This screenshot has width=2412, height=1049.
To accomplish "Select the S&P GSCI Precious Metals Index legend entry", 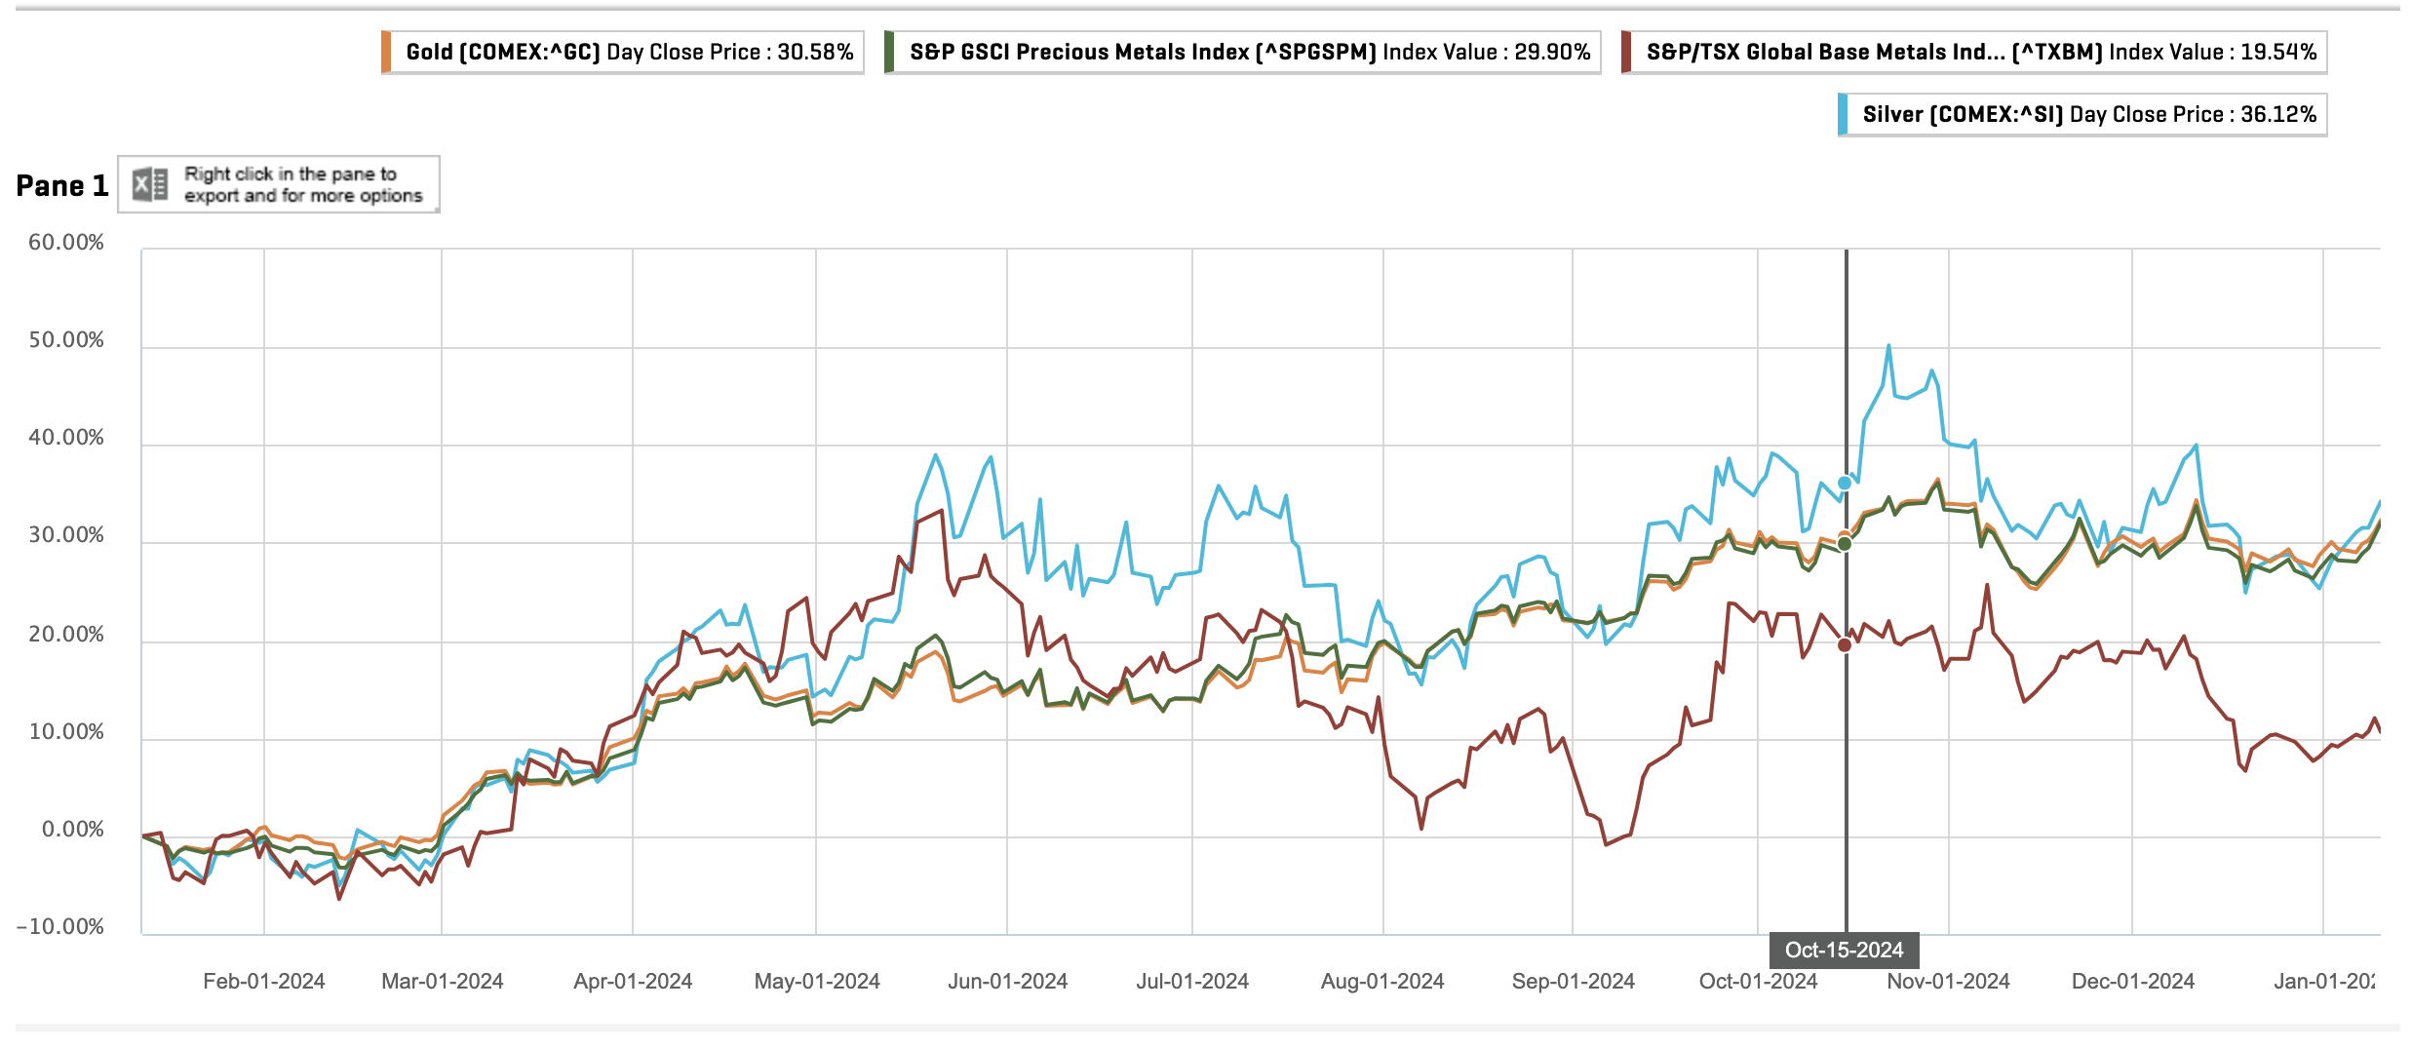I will (x=1243, y=52).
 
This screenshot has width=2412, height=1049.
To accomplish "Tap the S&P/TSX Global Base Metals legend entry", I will (x=1975, y=52).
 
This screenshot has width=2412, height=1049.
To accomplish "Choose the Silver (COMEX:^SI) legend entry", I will (x=2083, y=114).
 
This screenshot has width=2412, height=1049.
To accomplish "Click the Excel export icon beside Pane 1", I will (x=150, y=183).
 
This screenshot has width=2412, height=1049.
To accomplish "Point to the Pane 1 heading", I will (x=61, y=185).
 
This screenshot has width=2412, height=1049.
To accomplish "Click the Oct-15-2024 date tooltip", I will (x=1844, y=950).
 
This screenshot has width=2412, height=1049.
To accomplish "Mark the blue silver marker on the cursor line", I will (x=1845, y=483).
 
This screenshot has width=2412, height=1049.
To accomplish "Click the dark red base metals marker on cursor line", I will (x=1845, y=644).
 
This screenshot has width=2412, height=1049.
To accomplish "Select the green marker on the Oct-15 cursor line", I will (x=1845, y=544).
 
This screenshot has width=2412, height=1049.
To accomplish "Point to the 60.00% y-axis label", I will (x=66, y=242).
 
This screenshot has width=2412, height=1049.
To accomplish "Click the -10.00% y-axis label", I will (x=60, y=926).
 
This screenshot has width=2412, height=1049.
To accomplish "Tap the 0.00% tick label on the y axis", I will (x=72, y=829).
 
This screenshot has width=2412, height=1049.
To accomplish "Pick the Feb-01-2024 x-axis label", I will (x=263, y=981).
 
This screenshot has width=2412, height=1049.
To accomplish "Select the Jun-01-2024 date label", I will (x=1007, y=981).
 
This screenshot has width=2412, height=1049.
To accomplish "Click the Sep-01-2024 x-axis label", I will (x=1573, y=981).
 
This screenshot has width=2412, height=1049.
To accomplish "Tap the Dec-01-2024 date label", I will (x=2132, y=981).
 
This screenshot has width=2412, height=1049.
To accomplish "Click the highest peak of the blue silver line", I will (x=1888, y=345).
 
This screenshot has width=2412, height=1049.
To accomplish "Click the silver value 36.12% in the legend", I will (x=2277, y=114).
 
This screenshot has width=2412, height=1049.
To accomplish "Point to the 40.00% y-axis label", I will (x=66, y=437).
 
